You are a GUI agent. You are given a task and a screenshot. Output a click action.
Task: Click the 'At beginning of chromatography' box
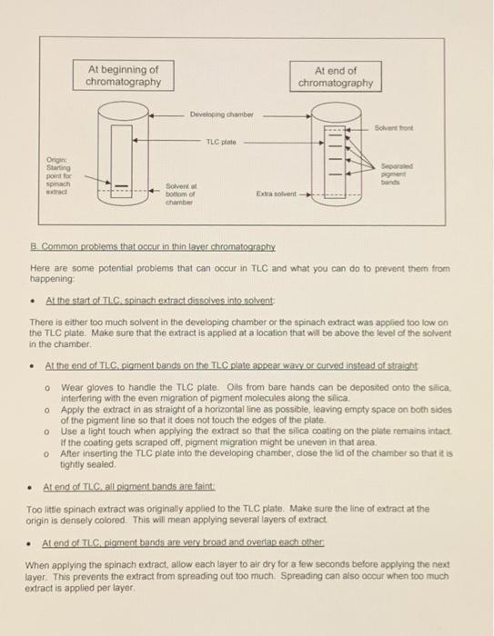pyautogui.click(x=124, y=75)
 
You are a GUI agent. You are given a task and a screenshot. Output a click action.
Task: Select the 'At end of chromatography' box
pyautogui.click(x=335, y=76)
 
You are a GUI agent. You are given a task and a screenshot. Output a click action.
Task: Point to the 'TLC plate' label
pyautogui.click(x=222, y=143)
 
